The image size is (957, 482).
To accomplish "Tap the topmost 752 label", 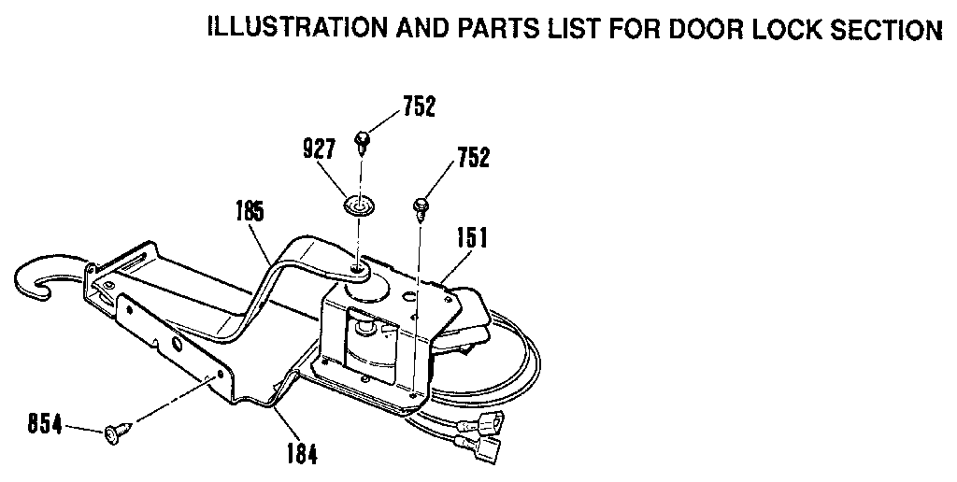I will (419, 107).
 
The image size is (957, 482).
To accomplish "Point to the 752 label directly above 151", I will (473, 159).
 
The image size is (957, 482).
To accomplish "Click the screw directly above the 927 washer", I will (362, 141).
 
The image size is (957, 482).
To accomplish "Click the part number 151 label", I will (473, 240).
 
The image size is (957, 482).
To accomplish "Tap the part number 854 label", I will (43, 425).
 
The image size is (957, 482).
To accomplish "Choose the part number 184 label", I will (300, 455).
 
